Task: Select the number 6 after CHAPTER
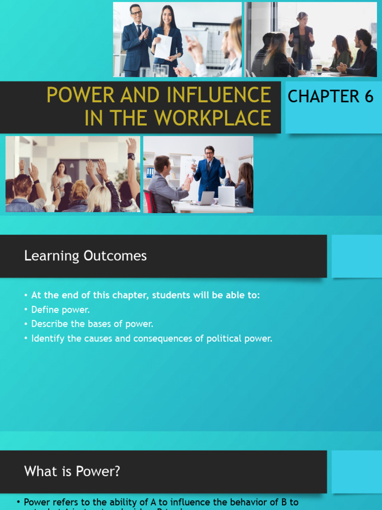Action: pyautogui.click(x=369, y=96)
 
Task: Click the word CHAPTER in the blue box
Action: pyautogui.click(x=323, y=96)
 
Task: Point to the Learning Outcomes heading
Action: pyautogui.click(x=86, y=256)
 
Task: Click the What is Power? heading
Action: pyautogui.click(x=72, y=471)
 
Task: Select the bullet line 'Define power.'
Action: pyautogui.click(x=60, y=309)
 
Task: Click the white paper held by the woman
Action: pyautogui.click(x=163, y=47)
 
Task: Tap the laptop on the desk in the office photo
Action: pyautogui.click(x=226, y=196)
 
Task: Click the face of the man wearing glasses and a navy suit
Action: pyautogui.click(x=135, y=12)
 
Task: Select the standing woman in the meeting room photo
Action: pyautogui.click(x=301, y=40)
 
